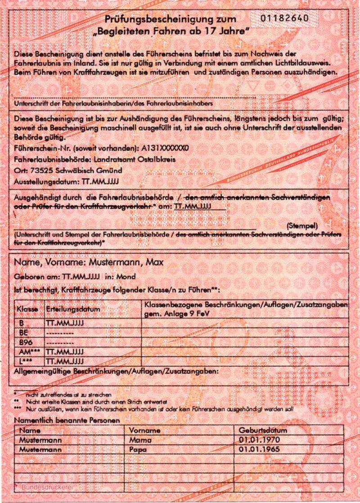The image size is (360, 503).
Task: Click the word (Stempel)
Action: [302, 225]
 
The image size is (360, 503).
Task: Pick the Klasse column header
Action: [27, 310]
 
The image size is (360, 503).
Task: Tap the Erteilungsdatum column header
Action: [73, 310]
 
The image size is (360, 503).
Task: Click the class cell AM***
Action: [28, 352]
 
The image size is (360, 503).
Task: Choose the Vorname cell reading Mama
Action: [140, 440]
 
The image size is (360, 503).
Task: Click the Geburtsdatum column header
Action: [263, 430]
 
